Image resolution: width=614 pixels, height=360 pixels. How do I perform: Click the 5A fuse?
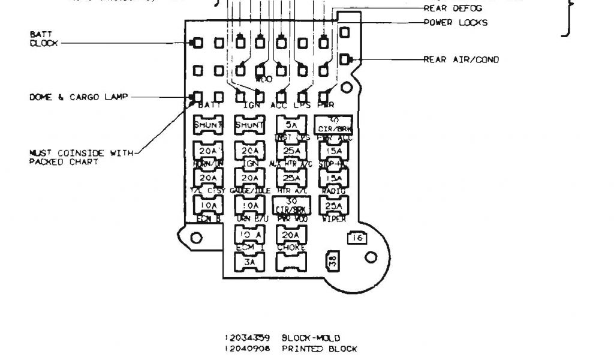(x=291, y=125)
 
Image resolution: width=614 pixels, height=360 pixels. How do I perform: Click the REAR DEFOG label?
(x=453, y=8)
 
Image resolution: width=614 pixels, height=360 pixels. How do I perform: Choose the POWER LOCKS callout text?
(x=456, y=23)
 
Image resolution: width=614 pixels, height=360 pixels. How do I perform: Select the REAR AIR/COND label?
(x=461, y=59)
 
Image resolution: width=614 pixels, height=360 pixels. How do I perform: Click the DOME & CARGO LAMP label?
(x=79, y=97)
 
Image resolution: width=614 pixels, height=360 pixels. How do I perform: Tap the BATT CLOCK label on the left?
(x=44, y=39)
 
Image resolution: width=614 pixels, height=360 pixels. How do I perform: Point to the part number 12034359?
(x=246, y=338)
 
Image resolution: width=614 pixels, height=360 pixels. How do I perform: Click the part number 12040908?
(x=246, y=349)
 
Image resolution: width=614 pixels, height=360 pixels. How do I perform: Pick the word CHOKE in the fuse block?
(x=291, y=247)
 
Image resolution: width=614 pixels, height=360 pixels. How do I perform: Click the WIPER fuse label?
(x=334, y=220)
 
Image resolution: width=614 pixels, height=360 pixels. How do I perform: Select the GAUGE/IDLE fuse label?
(x=249, y=191)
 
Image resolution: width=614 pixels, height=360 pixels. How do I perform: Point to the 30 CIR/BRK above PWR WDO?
(x=291, y=205)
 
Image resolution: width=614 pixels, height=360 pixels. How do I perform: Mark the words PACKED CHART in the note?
(x=64, y=161)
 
